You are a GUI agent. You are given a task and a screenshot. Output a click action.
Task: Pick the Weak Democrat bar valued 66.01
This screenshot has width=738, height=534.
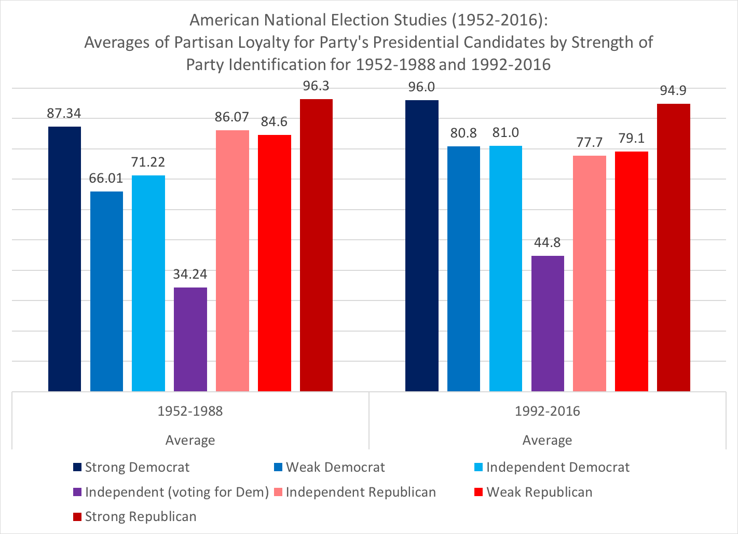pyautogui.click(x=106, y=291)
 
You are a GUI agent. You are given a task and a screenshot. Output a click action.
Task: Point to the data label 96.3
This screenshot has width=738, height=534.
pyautogui.click(x=316, y=86)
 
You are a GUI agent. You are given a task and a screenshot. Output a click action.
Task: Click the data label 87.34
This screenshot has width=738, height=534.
pyautogui.click(x=64, y=114)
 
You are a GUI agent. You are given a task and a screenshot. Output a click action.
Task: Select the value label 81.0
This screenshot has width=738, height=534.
pyautogui.click(x=505, y=133)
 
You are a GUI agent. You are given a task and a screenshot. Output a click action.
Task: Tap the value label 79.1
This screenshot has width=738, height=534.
pyautogui.click(x=631, y=139)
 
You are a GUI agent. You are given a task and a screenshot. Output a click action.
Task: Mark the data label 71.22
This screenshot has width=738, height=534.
pyautogui.click(x=148, y=162)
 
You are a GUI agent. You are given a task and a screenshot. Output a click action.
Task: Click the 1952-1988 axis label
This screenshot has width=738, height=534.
pyautogui.click(x=190, y=412)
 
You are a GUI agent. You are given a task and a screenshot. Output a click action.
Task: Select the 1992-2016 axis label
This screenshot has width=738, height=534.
pyautogui.click(x=547, y=412)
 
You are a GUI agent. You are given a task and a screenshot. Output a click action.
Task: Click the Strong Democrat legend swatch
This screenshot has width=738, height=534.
pyautogui.click(x=77, y=468)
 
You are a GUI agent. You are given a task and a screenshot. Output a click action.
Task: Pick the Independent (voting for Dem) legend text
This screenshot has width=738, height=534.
pyautogui.click(x=176, y=492)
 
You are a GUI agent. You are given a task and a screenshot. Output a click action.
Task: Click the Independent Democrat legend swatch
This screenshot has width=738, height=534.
pyautogui.click(x=479, y=468)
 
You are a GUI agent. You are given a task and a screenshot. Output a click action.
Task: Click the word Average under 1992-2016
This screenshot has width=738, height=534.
pyautogui.click(x=547, y=441)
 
